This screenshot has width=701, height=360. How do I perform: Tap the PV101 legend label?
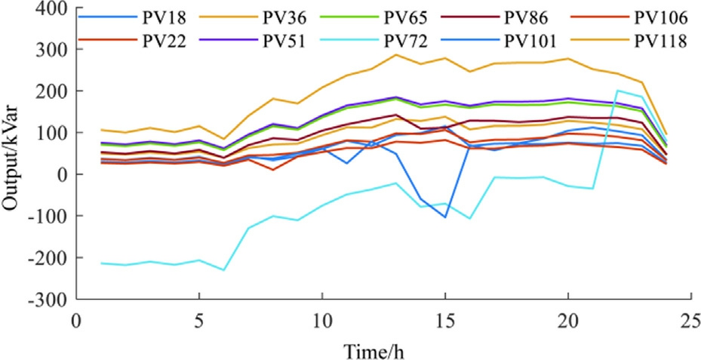pos(532,38)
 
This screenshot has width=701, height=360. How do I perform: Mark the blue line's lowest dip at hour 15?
pos(445,217)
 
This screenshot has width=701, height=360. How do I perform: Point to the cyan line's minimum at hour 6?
pos(223,269)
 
